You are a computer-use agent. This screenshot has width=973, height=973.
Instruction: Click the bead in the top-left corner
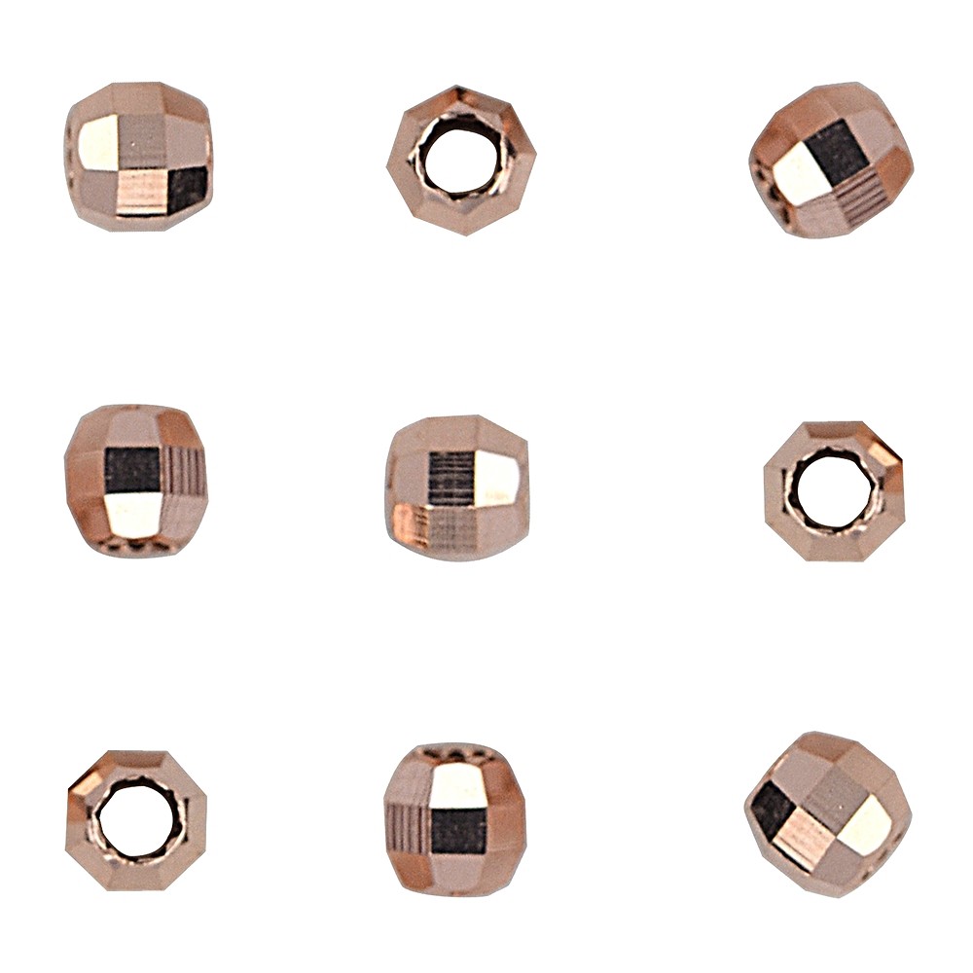pos(139,156)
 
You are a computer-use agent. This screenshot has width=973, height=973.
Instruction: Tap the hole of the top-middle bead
pos(461,159)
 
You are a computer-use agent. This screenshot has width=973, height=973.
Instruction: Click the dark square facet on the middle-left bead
pos(132,470)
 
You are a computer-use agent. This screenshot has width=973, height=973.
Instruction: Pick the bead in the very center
pos(457,486)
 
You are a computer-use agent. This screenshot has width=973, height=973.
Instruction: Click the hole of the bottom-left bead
pos(136,820)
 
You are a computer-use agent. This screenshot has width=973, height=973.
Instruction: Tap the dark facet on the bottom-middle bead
pos(458,831)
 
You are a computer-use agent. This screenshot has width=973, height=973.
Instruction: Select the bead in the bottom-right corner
pos(827,812)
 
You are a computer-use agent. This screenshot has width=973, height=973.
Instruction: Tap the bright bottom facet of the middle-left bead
pos(134,516)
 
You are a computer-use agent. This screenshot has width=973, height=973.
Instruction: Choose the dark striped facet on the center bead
pos(450,480)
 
